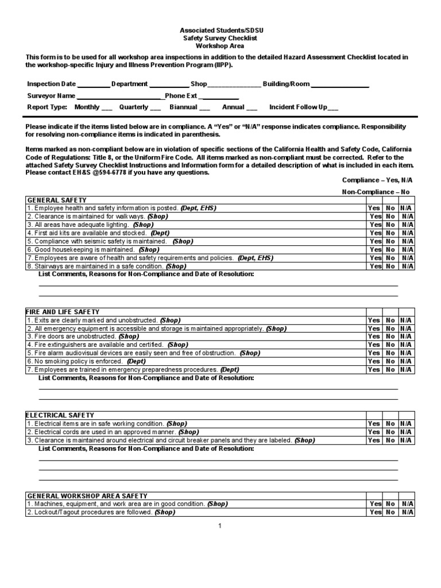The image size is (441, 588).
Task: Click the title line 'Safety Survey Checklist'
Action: coord(220,38)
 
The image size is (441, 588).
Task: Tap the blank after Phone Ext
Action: coord(219,96)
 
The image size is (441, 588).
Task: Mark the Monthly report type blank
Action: coord(107,107)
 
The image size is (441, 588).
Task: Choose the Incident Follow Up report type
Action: coord(332,107)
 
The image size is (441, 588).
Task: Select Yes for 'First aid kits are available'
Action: coord(375,233)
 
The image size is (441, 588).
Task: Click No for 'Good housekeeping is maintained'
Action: coord(390,250)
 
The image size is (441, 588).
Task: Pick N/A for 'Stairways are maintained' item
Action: coord(407,266)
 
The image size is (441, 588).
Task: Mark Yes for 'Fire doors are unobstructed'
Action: coord(374,336)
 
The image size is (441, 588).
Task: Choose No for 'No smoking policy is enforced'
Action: coord(390,362)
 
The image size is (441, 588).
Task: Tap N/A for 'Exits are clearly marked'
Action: coord(407,320)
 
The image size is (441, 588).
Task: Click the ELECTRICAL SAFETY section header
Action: coord(60,415)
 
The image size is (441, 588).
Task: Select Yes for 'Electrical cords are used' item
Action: coord(374,432)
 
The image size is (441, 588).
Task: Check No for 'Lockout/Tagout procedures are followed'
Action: coord(390,512)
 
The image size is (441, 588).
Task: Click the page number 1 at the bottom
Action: coord(220,526)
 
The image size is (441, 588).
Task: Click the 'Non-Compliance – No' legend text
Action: coord(376,192)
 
